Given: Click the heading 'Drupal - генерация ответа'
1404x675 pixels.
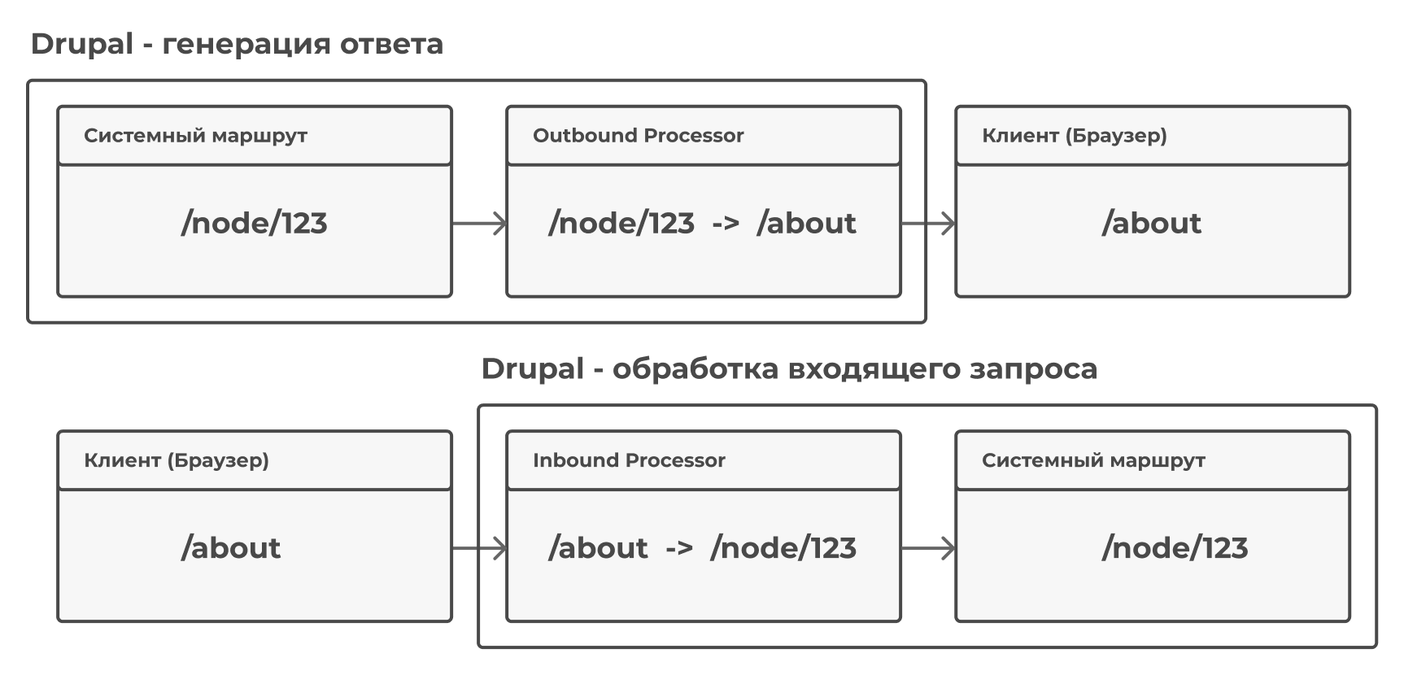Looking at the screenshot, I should point(237,44).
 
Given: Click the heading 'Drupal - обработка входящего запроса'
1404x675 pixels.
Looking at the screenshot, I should point(789,369).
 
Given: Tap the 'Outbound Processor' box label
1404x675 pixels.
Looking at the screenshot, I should point(638,136).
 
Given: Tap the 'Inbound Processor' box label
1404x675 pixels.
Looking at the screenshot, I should point(629,460).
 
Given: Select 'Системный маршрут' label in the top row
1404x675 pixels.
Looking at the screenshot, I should point(195,136).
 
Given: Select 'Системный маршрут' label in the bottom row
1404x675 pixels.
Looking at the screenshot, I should point(1093,460).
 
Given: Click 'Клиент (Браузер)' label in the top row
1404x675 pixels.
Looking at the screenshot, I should point(1074,136).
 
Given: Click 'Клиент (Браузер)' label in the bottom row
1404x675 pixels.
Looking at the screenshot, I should point(176,460).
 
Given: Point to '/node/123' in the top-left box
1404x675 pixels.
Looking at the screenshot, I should point(254,224).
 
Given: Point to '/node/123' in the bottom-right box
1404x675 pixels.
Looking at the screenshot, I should point(1175,548).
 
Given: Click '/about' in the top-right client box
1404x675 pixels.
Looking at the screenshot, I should point(1151,224).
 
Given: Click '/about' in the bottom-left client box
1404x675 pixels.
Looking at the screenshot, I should point(231,548).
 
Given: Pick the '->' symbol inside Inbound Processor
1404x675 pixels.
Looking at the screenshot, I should point(679,549).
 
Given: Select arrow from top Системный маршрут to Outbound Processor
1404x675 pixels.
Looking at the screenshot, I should point(479,223).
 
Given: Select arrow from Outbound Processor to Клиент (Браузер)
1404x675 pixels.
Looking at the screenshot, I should point(928,223).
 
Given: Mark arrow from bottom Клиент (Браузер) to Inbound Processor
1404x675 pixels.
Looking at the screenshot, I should point(479,548).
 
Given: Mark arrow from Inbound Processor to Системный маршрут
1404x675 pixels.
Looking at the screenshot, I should point(928,548).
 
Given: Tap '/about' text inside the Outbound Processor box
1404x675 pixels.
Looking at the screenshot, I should point(806,224).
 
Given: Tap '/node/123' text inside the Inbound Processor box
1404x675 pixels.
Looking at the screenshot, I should point(783,548).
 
